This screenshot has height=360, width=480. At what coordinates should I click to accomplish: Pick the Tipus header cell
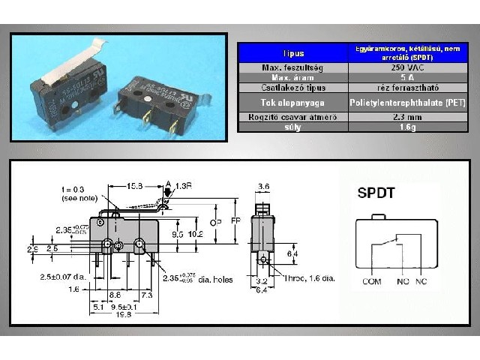click(x=294, y=53)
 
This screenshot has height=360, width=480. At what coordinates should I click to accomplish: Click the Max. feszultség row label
click(x=294, y=67)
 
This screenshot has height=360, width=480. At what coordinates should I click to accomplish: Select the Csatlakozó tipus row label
click(x=294, y=87)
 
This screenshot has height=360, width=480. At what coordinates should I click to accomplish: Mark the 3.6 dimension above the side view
click(x=262, y=187)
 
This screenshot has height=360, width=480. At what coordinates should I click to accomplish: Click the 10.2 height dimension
click(x=195, y=233)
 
